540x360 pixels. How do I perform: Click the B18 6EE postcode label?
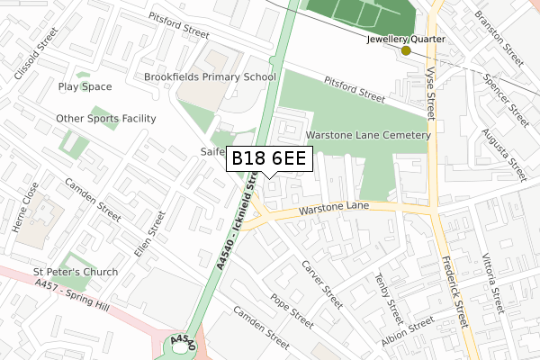point(270,159)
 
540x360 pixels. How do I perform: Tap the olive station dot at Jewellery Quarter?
point(406,50)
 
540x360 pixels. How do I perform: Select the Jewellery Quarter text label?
point(406,40)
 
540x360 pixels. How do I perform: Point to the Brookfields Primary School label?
point(210,77)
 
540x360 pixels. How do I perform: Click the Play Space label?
point(85,87)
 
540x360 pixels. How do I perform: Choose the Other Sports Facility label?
point(106,118)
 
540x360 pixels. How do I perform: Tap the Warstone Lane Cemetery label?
point(368,135)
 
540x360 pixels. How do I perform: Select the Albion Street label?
point(407,333)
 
